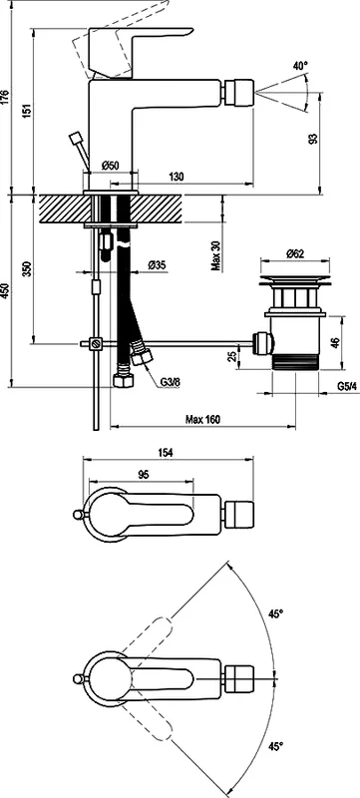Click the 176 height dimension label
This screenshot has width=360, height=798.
pyautogui.click(x=5, y=97)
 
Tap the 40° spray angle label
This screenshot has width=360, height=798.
pyautogui.click(x=300, y=66)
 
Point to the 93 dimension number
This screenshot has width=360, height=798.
pyautogui.click(x=313, y=138)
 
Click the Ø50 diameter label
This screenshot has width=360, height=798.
pyautogui.click(x=110, y=166)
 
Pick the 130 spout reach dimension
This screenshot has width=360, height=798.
pyautogui.click(x=176, y=177)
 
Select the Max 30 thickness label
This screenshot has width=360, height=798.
pyautogui.click(x=216, y=254)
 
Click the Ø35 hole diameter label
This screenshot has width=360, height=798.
pyautogui.click(x=158, y=265)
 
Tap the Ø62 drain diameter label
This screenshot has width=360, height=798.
pyautogui.click(x=295, y=253)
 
